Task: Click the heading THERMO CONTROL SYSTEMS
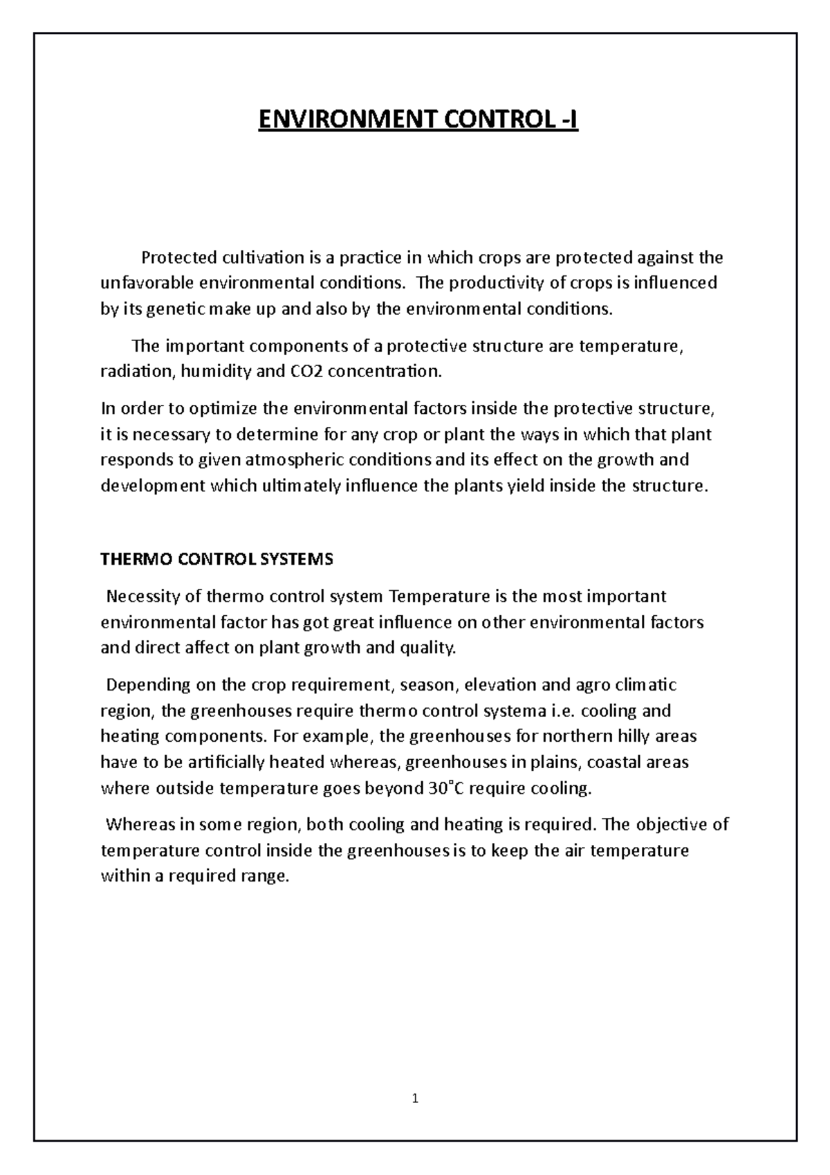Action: click(x=216, y=559)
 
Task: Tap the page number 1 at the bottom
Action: click(x=415, y=1098)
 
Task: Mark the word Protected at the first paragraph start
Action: click(x=178, y=258)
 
